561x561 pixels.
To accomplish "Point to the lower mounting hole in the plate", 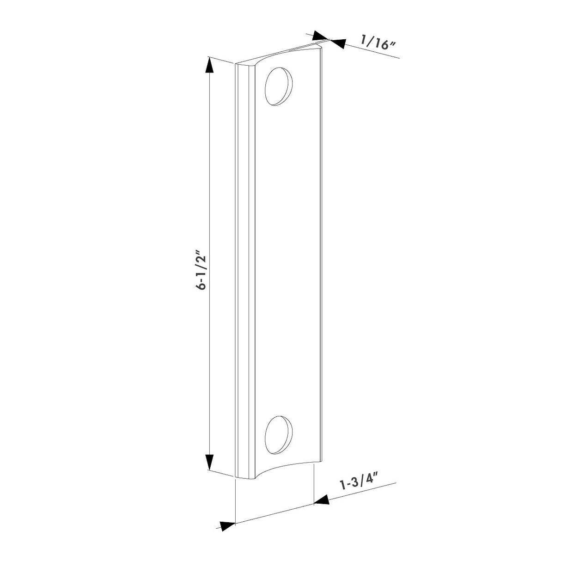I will coord(279,433).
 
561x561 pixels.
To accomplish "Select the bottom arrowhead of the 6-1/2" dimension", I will coord(209,462).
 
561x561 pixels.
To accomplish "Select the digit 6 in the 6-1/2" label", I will coord(201,286).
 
